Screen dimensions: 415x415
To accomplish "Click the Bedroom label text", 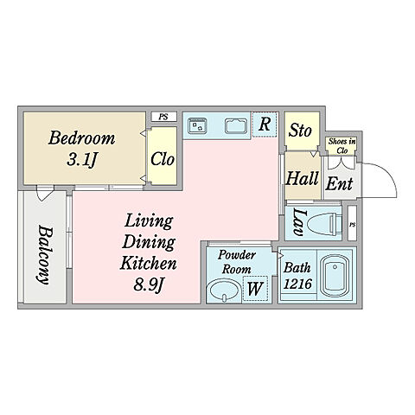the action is [x=82, y=137].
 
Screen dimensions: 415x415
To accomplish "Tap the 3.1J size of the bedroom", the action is [x=82, y=159].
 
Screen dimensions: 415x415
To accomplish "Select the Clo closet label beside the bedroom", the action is [x=163, y=159].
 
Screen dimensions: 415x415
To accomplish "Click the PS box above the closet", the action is [x=163, y=117].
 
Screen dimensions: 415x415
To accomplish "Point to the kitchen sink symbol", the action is [x=236, y=126].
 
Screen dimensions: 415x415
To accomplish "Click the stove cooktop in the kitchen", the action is [x=197, y=126].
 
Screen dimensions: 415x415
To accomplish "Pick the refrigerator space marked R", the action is [x=265, y=124].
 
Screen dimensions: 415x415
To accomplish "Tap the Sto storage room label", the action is [x=300, y=131].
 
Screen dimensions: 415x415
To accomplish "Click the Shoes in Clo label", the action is [x=342, y=146].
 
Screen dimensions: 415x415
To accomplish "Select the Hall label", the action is [x=302, y=178].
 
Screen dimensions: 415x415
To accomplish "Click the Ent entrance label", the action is [x=339, y=183].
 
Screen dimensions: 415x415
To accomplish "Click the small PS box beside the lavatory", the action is [x=352, y=223].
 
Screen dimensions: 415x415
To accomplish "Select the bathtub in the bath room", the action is [x=335, y=277].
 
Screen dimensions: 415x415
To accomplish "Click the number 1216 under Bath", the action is [x=297, y=284].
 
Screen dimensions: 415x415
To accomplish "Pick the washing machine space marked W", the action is [x=256, y=288].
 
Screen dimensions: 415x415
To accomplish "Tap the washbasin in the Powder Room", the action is [x=225, y=291].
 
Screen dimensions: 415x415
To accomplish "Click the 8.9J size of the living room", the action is [x=149, y=285].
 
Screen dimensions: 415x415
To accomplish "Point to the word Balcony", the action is [x=45, y=255].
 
